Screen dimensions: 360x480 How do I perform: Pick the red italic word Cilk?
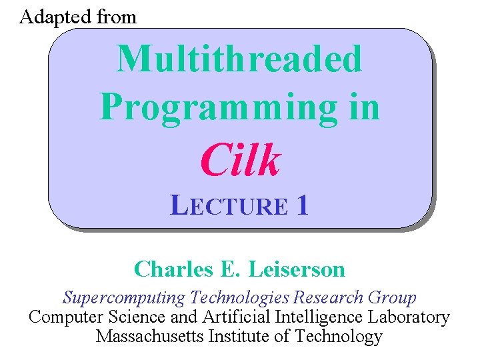(x=240, y=161)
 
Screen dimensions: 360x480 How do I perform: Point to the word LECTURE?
(x=229, y=206)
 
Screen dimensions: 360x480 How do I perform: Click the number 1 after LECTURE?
(x=303, y=206)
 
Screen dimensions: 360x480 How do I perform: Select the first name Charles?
(x=170, y=269)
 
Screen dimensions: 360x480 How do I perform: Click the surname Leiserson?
(x=297, y=269)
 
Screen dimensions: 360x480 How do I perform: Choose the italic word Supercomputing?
(x=125, y=298)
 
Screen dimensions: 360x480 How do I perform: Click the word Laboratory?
(x=411, y=317)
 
